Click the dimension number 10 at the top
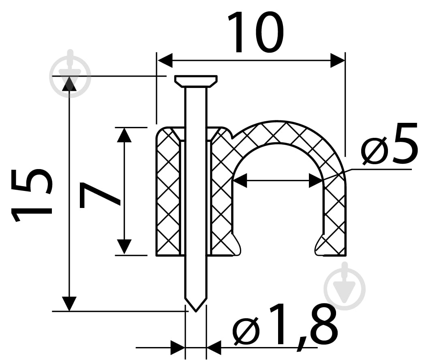point(256,33)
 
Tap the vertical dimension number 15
point(31,195)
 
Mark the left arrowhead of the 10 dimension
point(165,60)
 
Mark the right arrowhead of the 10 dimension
point(338,60)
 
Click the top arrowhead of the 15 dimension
point(69,84)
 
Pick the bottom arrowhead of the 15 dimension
point(69,304)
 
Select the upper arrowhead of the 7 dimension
point(124,135)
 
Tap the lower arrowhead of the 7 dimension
point(124,247)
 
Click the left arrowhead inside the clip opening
point(240,180)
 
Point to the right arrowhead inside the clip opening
point(316,180)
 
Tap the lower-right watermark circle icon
point(345,286)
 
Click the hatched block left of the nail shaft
point(169,192)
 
